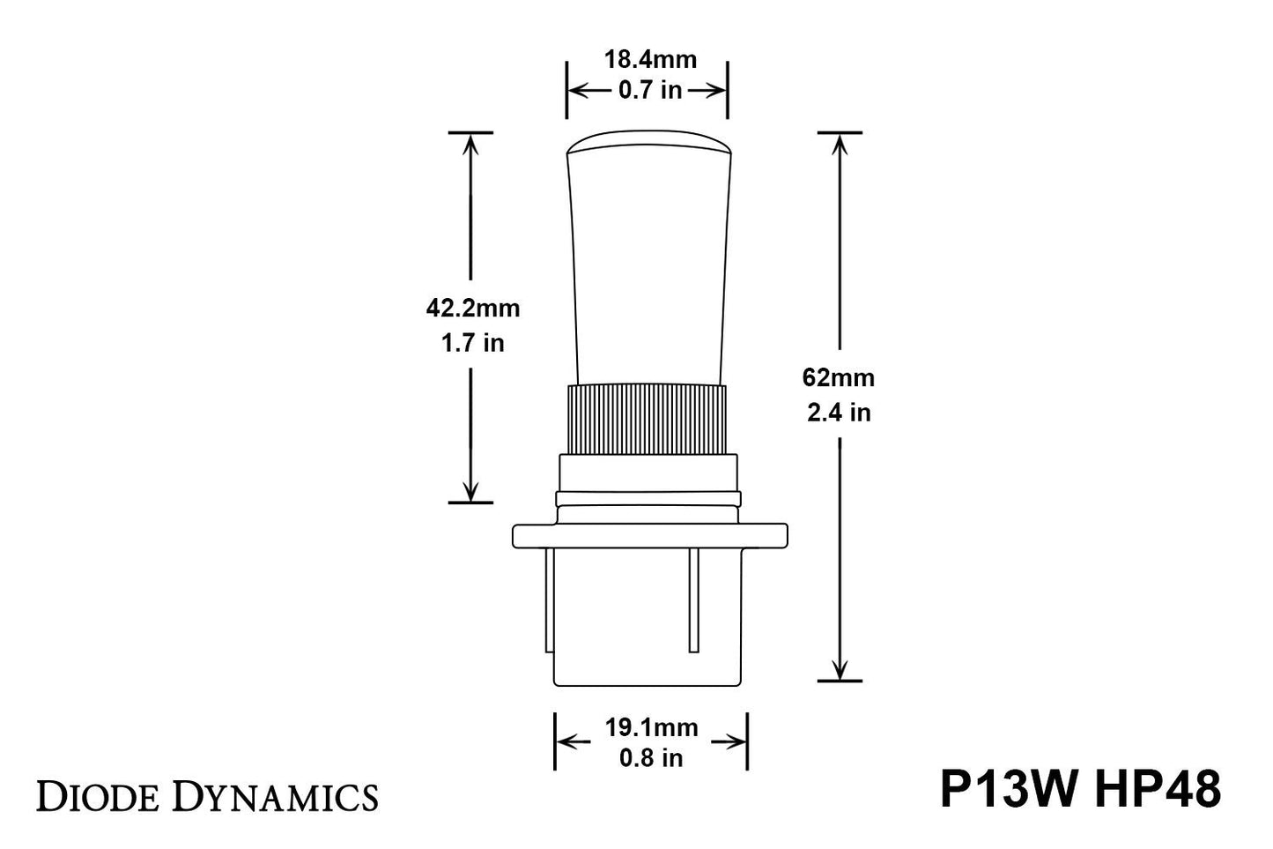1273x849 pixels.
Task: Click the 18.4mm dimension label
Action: click(649, 60)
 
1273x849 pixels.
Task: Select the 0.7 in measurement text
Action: click(649, 90)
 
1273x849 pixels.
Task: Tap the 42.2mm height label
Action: click(473, 309)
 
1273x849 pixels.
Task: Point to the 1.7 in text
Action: click(473, 342)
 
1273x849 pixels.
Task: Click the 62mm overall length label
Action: click(839, 378)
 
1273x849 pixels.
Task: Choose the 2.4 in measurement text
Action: click(839, 412)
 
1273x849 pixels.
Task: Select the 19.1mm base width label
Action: click(651, 727)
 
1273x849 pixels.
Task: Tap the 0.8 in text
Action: click(651, 758)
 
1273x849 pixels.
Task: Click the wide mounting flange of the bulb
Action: click(649, 536)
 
